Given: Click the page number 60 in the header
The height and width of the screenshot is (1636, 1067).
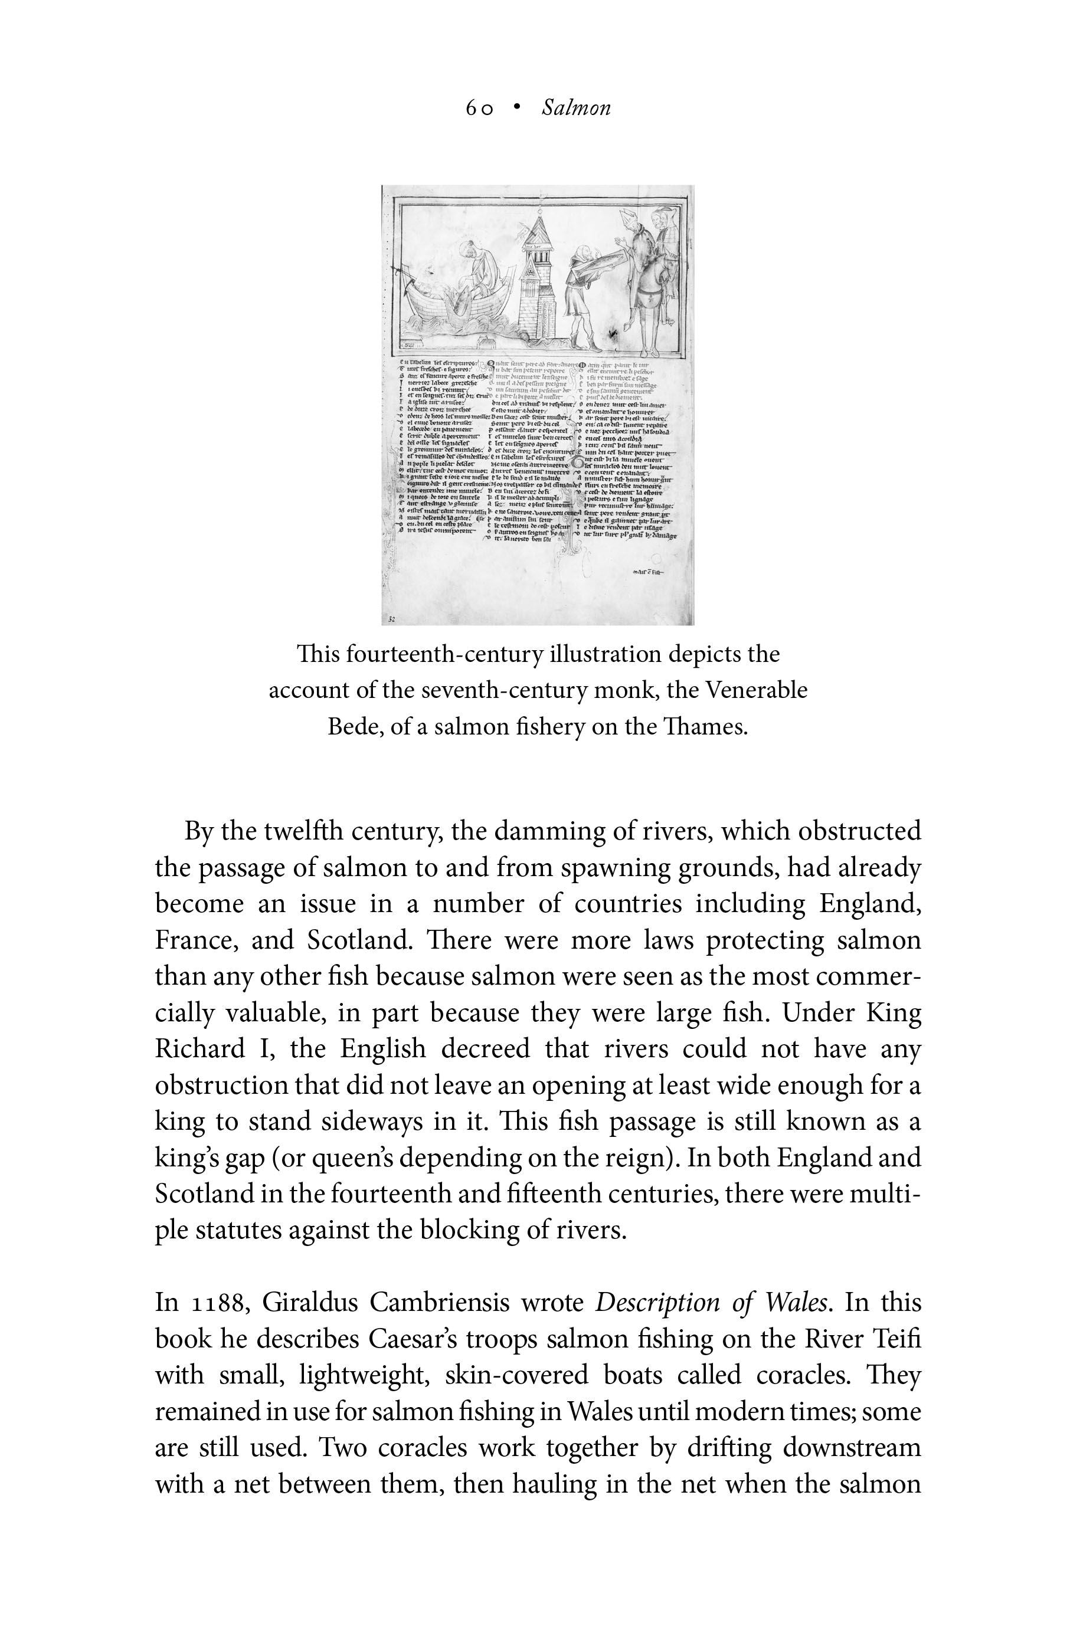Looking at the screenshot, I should click(479, 108).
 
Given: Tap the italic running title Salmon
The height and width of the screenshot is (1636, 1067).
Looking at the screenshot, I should click(575, 108).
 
